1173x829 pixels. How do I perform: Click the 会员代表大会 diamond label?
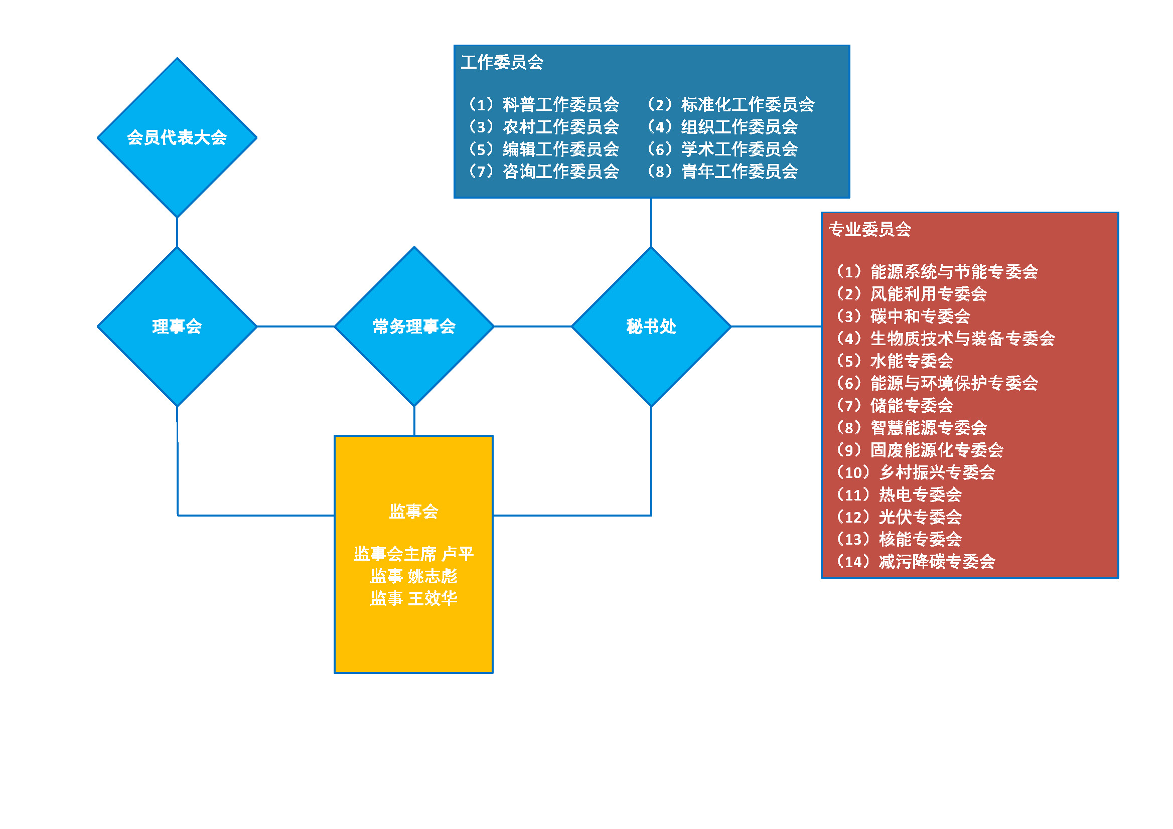177,137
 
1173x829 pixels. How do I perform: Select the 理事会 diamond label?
177,326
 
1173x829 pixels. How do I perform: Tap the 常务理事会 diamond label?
414,326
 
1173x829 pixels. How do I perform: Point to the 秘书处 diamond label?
651,326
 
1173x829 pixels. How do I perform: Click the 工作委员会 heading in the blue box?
502,62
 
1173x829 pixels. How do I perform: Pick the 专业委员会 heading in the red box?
869,229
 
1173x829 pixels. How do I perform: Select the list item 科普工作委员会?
543,105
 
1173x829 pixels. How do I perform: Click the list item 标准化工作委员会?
730,105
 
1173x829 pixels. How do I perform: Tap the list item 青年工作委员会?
722,172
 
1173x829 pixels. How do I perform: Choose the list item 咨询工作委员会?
543,172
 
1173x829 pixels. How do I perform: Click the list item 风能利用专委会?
912,294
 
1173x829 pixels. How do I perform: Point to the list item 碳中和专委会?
903,316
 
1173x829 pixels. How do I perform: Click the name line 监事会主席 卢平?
413,554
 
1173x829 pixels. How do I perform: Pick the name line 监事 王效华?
413,598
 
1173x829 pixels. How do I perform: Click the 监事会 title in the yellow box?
413,512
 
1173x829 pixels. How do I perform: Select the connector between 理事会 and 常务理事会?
296,326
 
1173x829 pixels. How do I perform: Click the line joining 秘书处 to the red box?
776,326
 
